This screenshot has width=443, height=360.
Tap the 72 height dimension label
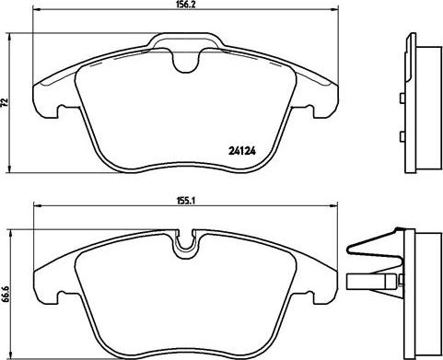[5, 102]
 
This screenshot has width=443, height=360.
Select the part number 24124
[242, 151]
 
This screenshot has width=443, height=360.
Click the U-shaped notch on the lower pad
[184, 247]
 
